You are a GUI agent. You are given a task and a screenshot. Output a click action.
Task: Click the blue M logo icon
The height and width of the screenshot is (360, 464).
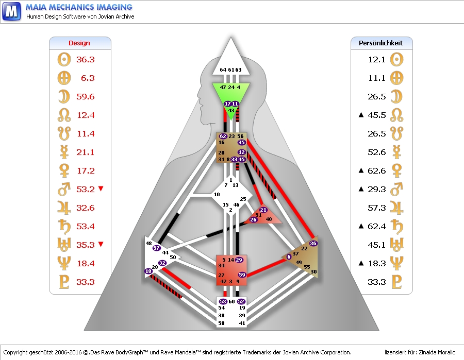click(x=11, y=11)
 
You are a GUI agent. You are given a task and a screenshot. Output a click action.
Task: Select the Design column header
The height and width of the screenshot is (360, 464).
click(x=79, y=43)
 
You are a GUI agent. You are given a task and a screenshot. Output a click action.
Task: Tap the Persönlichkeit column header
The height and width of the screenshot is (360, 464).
click(x=380, y=43)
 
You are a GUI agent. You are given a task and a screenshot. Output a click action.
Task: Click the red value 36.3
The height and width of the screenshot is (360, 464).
click(x=85, y=60)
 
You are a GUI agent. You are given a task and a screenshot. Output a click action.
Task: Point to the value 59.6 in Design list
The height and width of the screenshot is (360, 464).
click(x=85, y=97)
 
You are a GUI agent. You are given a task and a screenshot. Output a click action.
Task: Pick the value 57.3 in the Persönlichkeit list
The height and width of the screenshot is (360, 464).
click(x=377, y=208)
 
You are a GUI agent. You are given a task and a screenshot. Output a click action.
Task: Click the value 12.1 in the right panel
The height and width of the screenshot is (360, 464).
click(x=377, y=60)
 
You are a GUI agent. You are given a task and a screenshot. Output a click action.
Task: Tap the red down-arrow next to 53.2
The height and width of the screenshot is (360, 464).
click(x=101, y=189)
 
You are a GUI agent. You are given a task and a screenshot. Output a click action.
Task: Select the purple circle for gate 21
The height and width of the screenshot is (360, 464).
click(x=263, y=210)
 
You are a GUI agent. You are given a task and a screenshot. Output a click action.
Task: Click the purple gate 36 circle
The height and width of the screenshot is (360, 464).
click(x=313, y=243)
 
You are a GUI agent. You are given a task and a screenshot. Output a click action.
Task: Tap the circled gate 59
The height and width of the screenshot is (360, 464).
click(x=242, y=275)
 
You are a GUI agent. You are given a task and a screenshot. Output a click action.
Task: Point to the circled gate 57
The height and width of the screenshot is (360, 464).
click(x=157, y=248)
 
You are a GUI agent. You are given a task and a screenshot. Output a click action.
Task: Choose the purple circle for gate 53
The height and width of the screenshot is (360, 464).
click(x=223, y=301)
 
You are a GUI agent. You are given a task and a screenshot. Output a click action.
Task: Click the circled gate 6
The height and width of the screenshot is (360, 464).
click(x=289, y=256)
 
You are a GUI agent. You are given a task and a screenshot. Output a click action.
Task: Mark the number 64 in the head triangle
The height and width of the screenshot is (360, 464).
click(x=223, y=70)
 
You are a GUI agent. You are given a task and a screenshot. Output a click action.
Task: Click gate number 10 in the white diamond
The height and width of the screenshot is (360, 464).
click(x=217, y=194)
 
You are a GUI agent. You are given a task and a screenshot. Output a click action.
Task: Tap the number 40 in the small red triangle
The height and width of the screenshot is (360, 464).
click(x=268, y=219)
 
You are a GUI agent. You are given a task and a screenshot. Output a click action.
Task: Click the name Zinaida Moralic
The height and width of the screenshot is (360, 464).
click(x=437, y=352)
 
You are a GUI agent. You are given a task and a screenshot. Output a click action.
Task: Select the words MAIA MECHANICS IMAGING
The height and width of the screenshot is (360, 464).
click(x=79, y=7)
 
